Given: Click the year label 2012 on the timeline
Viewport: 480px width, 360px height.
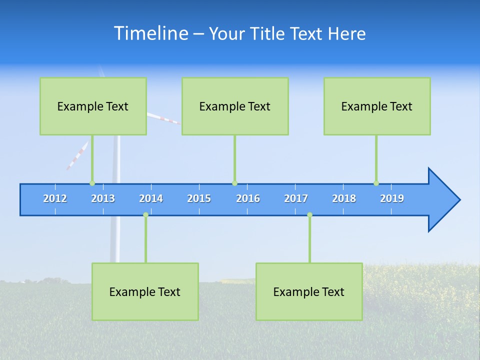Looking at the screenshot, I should click(55, 198).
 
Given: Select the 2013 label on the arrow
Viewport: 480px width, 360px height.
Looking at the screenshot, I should click(103, 198).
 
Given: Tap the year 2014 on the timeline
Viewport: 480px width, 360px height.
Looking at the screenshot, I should click(151, 198).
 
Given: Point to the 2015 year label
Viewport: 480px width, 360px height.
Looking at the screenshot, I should click(199, 198).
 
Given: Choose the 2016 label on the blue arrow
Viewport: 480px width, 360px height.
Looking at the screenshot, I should click(248, 198).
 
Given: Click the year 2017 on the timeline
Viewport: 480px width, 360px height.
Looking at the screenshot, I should click(296, 198).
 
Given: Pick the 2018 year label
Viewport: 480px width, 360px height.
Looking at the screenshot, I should click(344, 198).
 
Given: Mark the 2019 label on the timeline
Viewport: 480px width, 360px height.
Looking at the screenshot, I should click(392, 198).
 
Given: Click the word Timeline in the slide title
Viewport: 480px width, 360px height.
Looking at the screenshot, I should click(150, 33).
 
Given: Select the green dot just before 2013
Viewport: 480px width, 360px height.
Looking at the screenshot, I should click(92, 183).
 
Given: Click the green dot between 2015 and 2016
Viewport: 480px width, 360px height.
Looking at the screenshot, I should click(234, 183).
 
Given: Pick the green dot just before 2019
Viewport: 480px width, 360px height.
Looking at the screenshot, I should click(376, 183).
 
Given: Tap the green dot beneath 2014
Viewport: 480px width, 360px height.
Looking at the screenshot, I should click(145, 215).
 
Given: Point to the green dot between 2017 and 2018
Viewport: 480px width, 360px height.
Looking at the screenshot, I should click(309, 215).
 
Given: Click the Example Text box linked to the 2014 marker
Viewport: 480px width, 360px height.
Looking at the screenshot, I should click(145, 291).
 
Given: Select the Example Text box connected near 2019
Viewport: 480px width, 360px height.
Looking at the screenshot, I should click(377, 106).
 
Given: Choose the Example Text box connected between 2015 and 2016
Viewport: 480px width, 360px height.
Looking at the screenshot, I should click(235, 106).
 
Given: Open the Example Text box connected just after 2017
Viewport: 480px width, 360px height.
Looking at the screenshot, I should click(309, 291).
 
